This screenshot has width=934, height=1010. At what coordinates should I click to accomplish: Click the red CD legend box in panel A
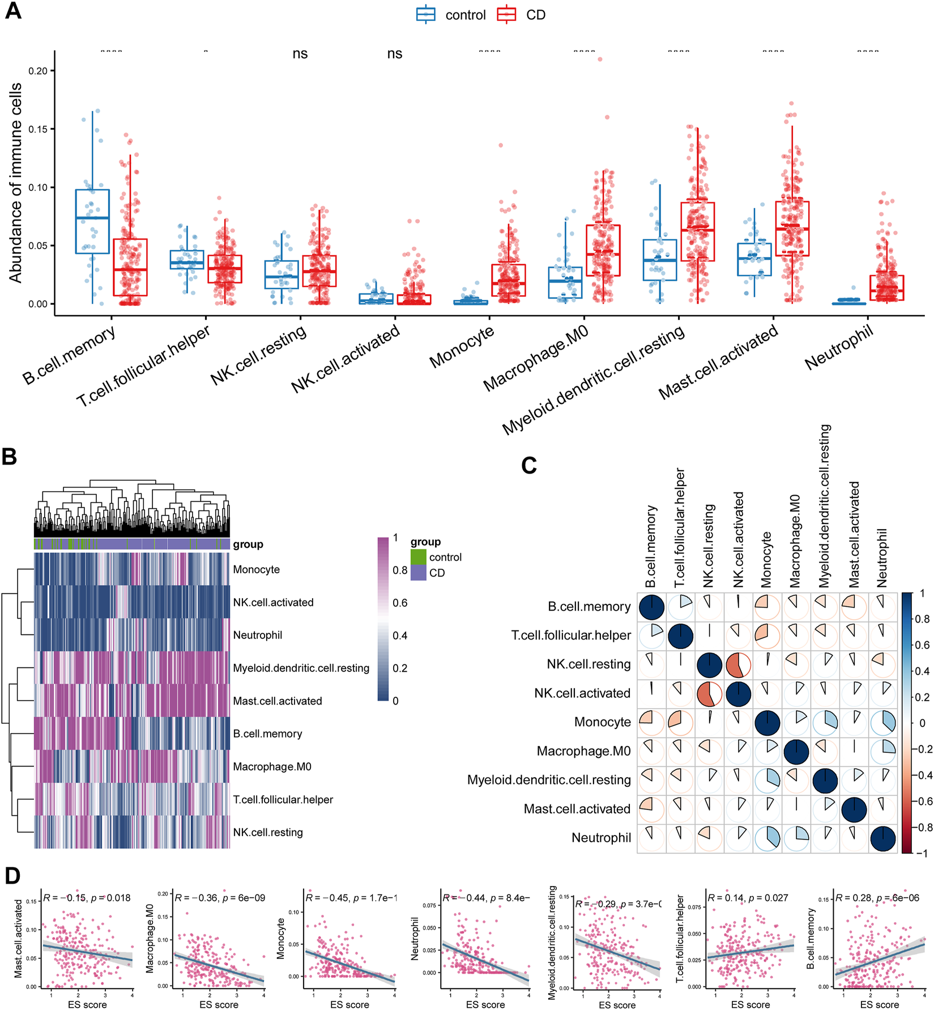(506, 15)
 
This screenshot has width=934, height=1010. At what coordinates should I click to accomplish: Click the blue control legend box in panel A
(426, 15)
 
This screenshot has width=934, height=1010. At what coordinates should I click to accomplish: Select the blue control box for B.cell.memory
(92, 221)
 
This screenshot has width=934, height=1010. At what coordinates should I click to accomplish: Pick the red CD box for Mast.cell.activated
(792, 228)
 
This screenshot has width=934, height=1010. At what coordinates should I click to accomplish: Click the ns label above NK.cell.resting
(300, 54)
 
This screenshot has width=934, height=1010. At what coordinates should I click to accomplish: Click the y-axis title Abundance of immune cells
(15, 182)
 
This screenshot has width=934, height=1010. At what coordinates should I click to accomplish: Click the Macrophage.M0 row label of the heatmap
(272, 766)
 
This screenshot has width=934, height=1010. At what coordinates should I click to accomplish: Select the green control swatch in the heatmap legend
(418, 557)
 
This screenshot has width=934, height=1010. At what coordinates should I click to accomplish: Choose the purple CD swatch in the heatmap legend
(418, 573)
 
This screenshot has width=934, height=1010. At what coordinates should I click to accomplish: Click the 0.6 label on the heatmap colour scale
(400, 603)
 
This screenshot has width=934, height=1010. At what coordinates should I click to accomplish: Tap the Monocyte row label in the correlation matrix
(602, 722)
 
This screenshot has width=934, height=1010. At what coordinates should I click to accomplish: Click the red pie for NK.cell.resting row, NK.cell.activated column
(739, 665)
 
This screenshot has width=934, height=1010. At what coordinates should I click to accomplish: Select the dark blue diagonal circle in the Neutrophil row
(883, 838)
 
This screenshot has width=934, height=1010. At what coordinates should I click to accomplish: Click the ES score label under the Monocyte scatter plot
(349, 1004)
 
